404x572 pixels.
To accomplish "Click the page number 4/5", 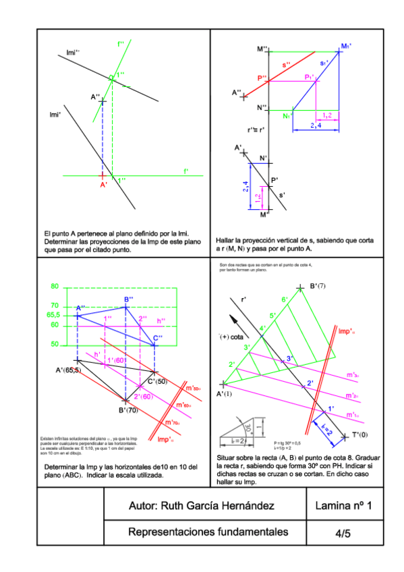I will coord(343,534).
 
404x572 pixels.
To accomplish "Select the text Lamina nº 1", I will coord(343,506).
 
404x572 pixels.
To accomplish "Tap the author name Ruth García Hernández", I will coord(201,506).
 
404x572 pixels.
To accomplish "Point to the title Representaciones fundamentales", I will coord(208,532).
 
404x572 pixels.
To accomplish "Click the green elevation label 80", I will coord(55,286).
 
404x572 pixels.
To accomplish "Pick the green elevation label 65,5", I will coord(54,315).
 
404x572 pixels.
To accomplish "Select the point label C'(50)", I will coord(158,382).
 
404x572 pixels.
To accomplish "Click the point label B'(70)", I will coord(129,409).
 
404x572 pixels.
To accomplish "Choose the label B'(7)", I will coord(318,287).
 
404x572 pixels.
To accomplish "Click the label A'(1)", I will coord(224,393).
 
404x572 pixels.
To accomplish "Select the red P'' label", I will coord(262,78).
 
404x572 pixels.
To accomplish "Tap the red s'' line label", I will coord(286,65).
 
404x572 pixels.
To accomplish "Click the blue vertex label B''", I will coord(128,299).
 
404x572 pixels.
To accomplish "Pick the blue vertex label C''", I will coord(157,337).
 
